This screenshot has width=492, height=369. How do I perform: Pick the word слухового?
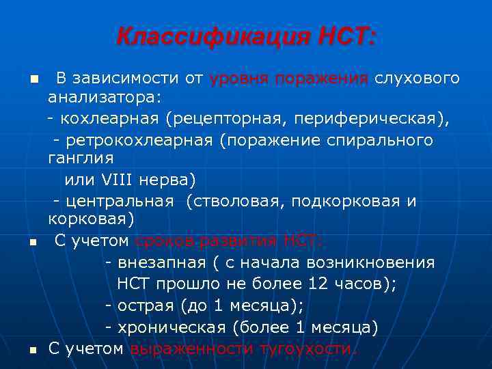coord(417,78)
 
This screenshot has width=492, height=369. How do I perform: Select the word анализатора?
coord(102,98)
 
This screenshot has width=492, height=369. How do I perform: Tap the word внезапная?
coord(157,262)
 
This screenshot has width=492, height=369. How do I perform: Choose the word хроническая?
coord(172,327)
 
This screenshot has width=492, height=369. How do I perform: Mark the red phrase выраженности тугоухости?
coord(243,349)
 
